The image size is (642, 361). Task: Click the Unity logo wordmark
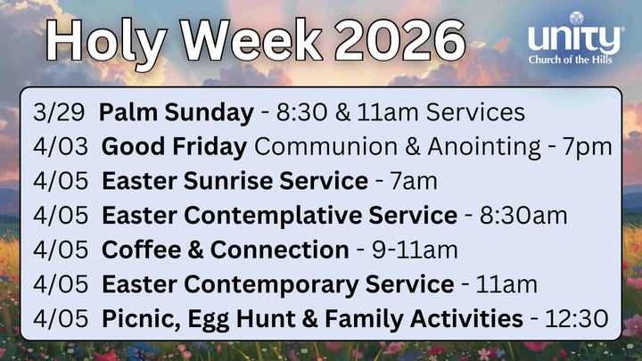click(574, 38)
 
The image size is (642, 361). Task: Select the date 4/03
click(61, 147)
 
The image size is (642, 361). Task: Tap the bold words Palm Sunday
click(177, 113)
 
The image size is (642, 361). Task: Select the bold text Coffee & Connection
click(225, 250)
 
